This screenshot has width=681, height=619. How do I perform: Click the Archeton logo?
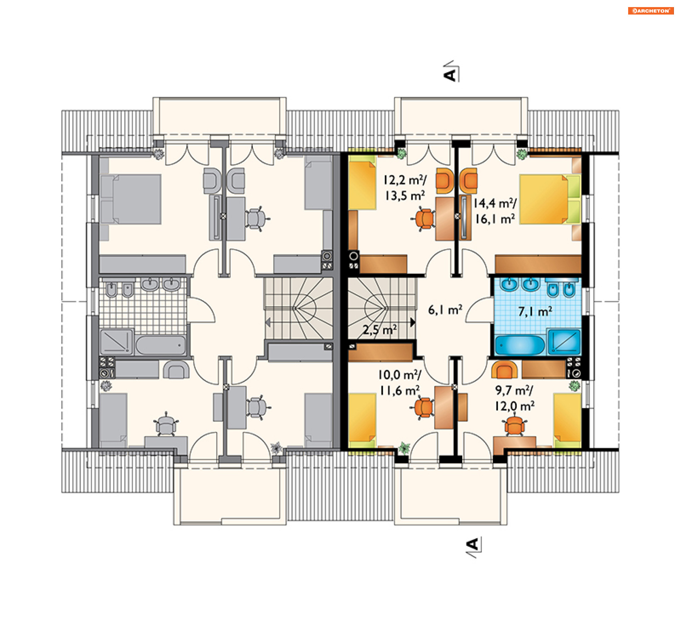pos(650,11)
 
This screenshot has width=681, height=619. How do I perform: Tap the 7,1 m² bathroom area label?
pos(535,311)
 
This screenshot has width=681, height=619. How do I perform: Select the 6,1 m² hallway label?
pos(445,310)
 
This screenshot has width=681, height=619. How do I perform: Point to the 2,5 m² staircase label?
pos(380,330)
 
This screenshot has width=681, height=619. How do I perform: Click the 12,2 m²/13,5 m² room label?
pos(405,188)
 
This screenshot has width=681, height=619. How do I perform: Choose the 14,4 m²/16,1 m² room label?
pos(495,211)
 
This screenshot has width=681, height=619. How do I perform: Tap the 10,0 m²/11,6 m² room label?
pos(400,383)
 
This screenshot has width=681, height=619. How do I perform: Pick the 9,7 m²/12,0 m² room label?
pos(515,398)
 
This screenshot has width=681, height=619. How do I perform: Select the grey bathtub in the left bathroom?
pos(161,345)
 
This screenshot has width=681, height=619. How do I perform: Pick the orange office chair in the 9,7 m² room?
pos(514,426)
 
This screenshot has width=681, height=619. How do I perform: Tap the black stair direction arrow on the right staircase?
pos(413,322)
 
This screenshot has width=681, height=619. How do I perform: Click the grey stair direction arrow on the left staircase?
pos(268,322)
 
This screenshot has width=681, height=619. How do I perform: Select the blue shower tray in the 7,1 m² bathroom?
pos(564,342)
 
